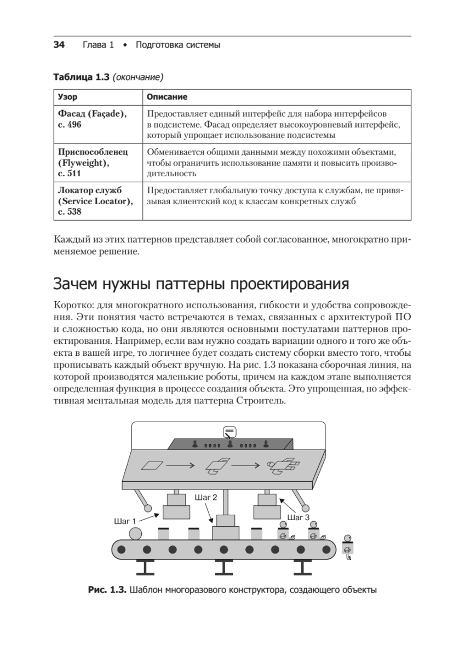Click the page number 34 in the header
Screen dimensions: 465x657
click(x=59, y=45)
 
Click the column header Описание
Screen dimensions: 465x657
click(x=167, y=97)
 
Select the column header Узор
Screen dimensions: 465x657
click(x=68, y=97)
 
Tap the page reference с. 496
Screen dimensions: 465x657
click(x=70, y=125)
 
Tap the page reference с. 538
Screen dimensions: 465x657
click(x=70, y=211)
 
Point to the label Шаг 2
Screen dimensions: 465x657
click(x=206, y=498)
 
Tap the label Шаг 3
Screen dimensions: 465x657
click(x=298, y=517)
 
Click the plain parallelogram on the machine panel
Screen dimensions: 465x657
click(x=152, y=465)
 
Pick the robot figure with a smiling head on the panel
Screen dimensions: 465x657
click(x=283, y=466)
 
